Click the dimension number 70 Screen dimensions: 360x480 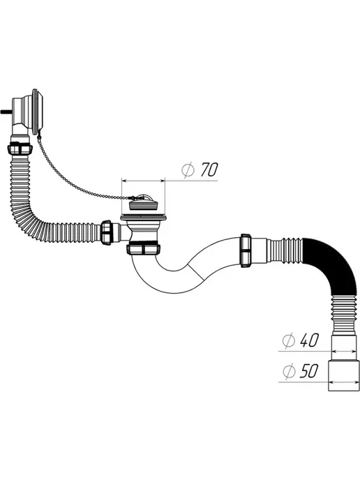point(209,170)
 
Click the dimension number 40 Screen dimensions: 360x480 point(309,340)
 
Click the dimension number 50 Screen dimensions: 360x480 point(309,370)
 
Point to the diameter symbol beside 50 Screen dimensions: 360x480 point(289,371)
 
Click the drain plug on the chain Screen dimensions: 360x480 point(143,202)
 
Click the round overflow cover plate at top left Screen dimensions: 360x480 point(38,111)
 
